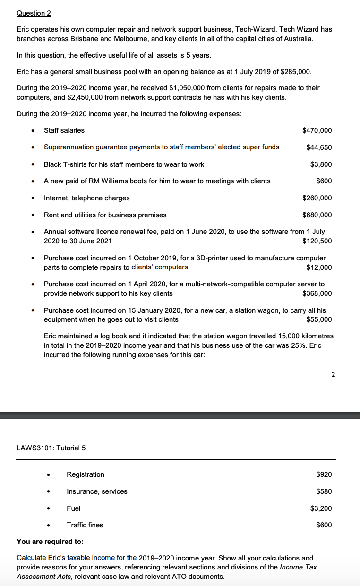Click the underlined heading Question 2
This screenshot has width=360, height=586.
point(34,13)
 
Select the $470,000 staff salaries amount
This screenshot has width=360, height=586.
point(317,130)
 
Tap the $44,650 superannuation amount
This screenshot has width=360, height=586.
point(319,147)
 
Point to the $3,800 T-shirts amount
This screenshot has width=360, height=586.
point(321,164)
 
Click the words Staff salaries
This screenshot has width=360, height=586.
point(64,130)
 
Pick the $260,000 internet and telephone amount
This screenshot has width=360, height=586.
point(317,198)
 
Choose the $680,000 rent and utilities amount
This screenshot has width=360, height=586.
point(317,215)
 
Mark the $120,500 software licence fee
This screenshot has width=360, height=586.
point(317,241)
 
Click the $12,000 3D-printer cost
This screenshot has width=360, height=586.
point(319,267)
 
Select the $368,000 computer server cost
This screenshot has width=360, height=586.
point(317,293)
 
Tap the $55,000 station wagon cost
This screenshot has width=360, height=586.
point(319,319)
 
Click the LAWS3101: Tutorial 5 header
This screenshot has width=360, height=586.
point(51,448)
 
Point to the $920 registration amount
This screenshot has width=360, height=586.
point(324,474)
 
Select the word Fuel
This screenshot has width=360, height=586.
point(74,508)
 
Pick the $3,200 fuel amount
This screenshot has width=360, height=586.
point(321,508)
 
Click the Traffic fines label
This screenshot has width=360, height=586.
point(85,525)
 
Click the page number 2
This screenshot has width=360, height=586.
point(333,375)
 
